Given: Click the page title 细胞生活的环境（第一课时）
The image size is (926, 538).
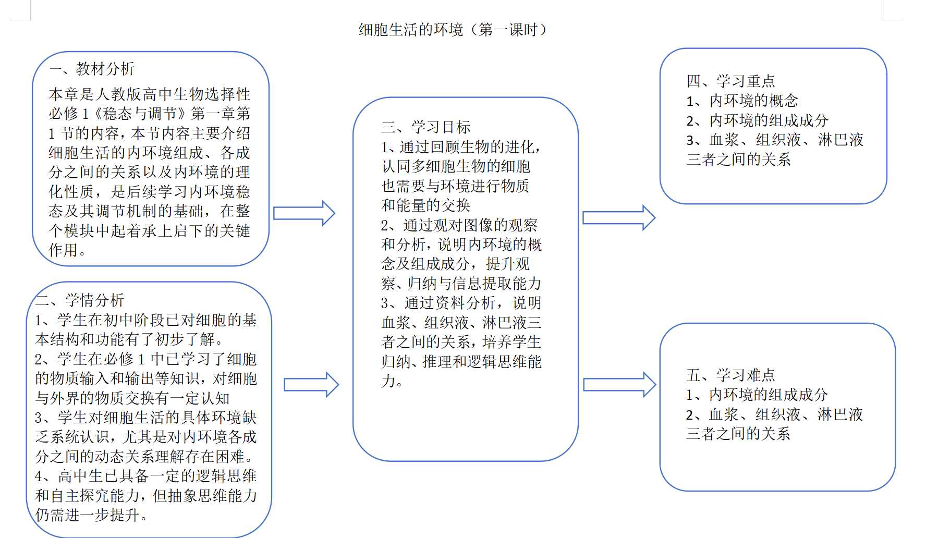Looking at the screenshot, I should pos(453,30).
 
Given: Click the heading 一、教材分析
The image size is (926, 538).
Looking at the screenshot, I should pos(92,69).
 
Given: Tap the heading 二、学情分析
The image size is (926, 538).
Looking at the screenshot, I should pos(80,300).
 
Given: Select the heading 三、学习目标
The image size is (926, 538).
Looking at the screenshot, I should pos(425,127).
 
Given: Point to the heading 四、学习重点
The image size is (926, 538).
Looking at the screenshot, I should pos(730,81).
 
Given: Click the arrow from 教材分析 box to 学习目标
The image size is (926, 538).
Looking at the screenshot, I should pos(304,213).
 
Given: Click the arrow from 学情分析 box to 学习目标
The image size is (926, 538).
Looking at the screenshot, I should pos(311,385).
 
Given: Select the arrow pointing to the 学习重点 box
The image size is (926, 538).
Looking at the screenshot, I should pos(618,218).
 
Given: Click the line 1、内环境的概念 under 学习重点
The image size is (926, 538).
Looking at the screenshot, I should pos(742,101).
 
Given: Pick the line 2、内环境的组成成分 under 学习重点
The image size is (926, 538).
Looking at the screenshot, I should pos(757,120).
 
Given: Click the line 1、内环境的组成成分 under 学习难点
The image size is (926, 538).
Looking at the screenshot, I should pos(757,395).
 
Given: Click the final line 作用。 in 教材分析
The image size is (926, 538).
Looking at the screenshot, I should pos(67,250).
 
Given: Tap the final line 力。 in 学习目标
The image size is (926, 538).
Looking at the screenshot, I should pos(392,381).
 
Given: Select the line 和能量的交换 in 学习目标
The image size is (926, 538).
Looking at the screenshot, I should pos(425,205).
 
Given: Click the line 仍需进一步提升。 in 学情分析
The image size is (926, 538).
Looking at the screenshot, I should pos(92,515).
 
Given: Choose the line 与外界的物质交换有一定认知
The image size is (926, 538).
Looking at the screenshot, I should pos(132,398).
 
